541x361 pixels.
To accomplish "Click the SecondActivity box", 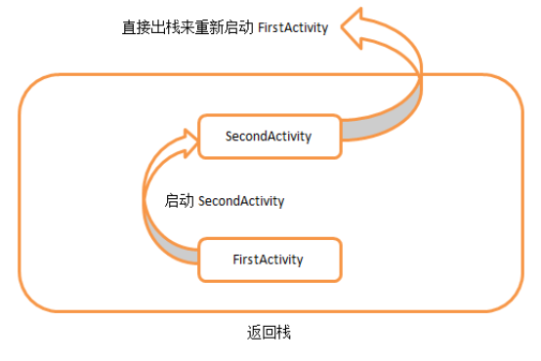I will click(269, 137).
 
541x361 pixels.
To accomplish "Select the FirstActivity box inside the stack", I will click(269, 260).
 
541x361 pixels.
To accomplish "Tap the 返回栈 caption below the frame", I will click(269, 333).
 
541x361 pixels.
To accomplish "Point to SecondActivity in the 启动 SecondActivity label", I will click(241, 201).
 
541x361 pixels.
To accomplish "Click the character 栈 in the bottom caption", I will click(284, 333).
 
